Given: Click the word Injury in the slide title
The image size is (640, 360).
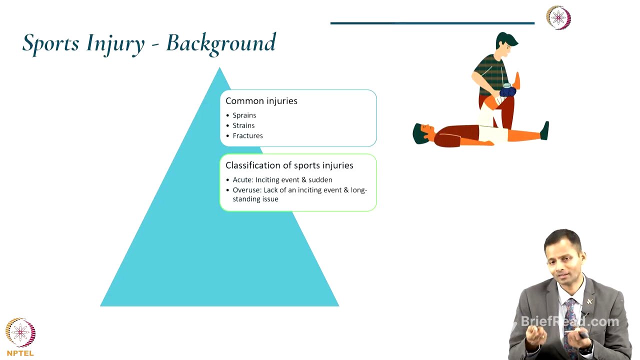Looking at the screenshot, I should [115, 44].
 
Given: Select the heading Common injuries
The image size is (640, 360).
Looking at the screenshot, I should [261, 101].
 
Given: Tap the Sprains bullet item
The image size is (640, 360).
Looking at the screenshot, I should [244, 115].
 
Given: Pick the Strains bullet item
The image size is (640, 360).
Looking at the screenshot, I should [243, 125].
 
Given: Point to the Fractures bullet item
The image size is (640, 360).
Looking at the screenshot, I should [247, 135].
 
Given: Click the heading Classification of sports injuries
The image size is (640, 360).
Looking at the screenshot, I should [289, 165].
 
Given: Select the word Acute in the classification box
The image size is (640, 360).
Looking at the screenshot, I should [242, 180].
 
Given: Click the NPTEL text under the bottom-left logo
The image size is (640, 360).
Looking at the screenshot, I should [20, 353].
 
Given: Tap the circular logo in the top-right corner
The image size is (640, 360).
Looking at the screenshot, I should [558, 18].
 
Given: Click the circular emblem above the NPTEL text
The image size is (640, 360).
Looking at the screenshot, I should [20, 332].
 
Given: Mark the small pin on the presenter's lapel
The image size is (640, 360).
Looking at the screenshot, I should [589, 301].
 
